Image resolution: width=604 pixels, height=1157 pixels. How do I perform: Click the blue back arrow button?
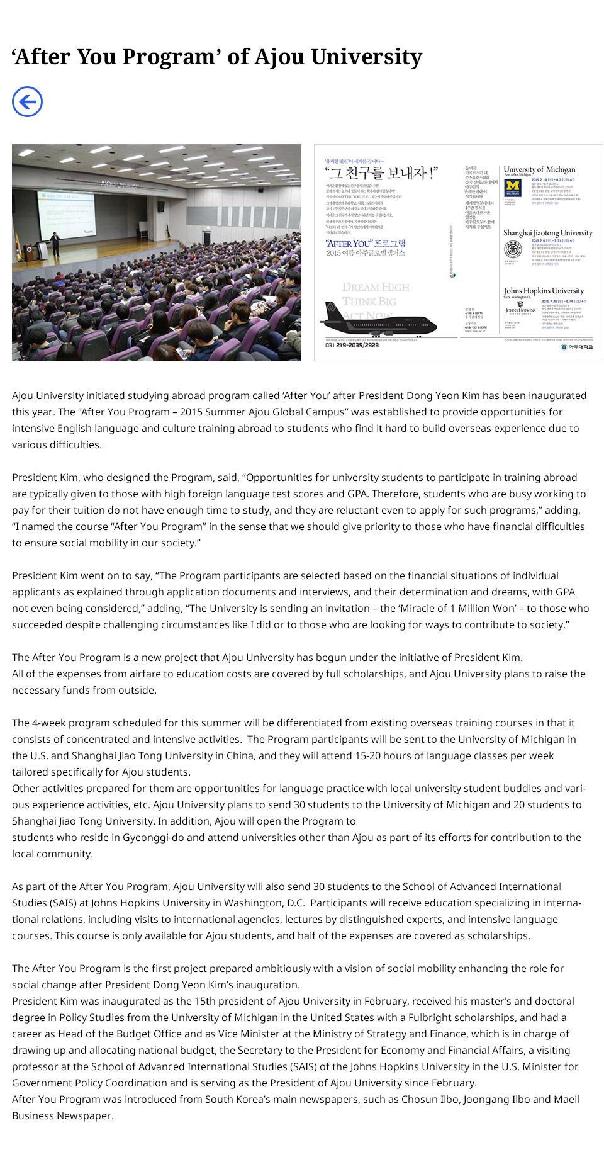pos(28,102)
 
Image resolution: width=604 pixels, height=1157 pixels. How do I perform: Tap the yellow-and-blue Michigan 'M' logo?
pos(513,187)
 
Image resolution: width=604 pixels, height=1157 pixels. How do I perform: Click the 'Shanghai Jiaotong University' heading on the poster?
pos(547,233)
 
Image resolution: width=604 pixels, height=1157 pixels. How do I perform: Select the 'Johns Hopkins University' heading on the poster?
pos(544,291)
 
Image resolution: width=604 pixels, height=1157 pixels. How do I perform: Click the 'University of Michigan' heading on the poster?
pos(539,169)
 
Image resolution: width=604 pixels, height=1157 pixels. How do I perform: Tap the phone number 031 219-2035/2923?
pos(352,346)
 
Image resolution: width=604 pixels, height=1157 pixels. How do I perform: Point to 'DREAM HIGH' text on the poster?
pos(376,287)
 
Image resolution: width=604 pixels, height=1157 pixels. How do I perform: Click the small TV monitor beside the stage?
pos(161,206)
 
